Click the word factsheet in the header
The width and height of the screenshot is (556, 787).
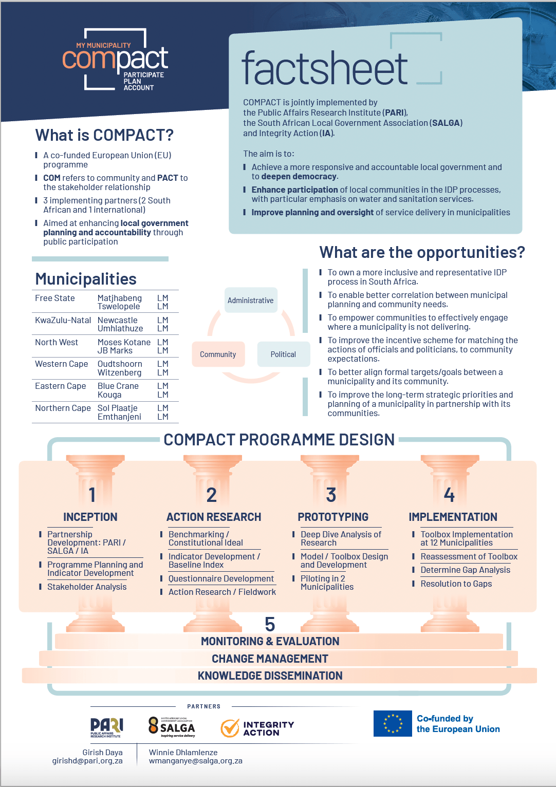(x=324, y=68)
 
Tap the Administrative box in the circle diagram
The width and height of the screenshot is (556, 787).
(x=251, y=300)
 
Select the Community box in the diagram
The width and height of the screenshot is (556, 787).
(x=218, y=354)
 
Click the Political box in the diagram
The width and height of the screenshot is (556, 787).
(x=283, y=354)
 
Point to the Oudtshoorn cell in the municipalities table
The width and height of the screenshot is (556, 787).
(x=120, y=364)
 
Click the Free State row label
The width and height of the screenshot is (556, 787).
(x=55, y=298)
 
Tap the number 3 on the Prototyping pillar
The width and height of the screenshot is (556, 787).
(x=331, y=495)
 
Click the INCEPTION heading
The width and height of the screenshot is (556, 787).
(x=90, y=517)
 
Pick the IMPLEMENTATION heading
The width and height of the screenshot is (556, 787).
(x=453, y=517)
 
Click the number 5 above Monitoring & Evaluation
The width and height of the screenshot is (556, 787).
(x=270, y=624)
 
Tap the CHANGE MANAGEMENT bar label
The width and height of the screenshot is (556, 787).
(x=270, y=659)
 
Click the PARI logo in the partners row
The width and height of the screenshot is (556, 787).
(x=107, y=727)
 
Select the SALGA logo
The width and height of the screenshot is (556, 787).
(x=172, y=727)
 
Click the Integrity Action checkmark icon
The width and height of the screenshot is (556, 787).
(x=230, y=728)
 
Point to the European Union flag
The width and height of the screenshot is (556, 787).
(x=393, y=723)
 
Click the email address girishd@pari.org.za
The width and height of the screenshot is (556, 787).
(x=87, y=761)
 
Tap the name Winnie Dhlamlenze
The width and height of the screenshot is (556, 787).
(x=183, y=752)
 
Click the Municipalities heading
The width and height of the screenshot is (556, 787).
(x=86, y=279)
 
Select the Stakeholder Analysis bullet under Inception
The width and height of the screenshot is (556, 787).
(x=87, y=587)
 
